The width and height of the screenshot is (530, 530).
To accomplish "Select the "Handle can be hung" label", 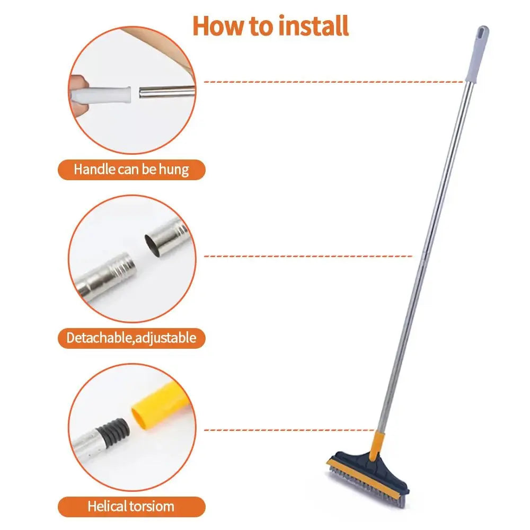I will coord(131,170).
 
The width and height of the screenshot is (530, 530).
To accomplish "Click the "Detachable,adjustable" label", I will coord(131,338).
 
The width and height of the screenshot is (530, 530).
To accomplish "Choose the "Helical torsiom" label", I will coord(131,506).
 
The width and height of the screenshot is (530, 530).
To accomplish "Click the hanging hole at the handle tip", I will coord(482,32).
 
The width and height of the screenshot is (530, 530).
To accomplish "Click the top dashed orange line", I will coord(334,82).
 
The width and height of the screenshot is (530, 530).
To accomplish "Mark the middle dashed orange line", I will coord(307,256).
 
